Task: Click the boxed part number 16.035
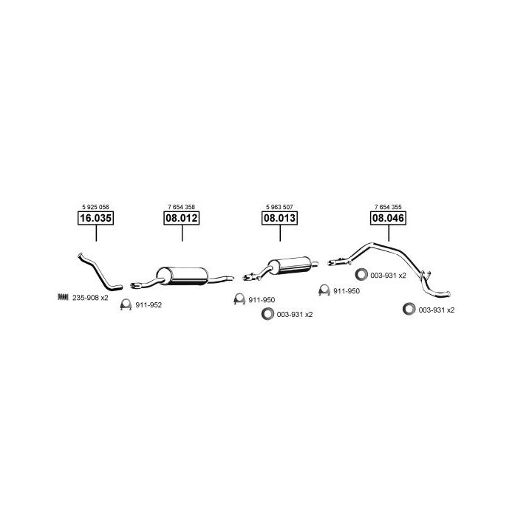tap(95, 218)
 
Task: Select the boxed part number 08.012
tap(182, 218)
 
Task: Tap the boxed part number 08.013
tap(279, 218)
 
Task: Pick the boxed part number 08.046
tap(388, 218)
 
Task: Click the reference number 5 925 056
tap(95, 207)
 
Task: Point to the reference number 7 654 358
tap(182, 207)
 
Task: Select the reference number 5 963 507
tap(279, 207)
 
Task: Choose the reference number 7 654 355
tap(388, 207)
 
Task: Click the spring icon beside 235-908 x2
tap(63, 297)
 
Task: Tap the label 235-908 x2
tap(90, 298)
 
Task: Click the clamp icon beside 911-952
tap(126, 304)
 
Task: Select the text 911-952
tap(149, 305)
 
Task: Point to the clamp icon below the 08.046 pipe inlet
tap(324, 290)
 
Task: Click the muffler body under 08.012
tap(183, 276)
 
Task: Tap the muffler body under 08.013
tap(290, 265)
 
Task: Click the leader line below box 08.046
tap(389, 233)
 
